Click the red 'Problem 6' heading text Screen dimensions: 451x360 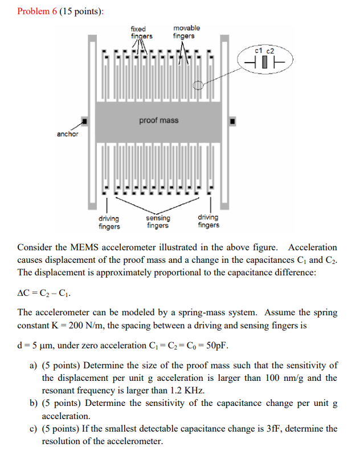click(38, 12)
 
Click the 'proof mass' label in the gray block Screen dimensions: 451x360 click(158, 120)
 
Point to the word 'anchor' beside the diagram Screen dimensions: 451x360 click(67, 135)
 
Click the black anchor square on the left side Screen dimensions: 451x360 click(85, 121)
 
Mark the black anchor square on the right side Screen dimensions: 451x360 click(232, 121)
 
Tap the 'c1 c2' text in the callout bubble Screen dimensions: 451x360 click(265, 51)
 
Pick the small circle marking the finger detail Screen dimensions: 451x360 click(198, 86)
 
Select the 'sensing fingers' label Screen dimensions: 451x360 click(158, 222)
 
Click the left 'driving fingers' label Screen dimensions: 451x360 click(109, 222)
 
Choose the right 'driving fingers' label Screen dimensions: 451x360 click(208, 222)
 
